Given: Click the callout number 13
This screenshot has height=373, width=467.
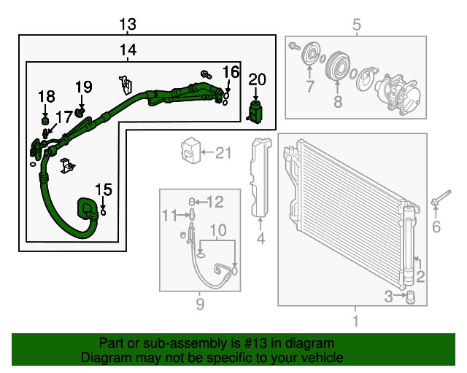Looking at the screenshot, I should pos(128,25).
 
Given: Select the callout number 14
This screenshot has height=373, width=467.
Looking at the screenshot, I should pos(128,50).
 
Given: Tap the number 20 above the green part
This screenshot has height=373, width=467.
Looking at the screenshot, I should pos(257,79).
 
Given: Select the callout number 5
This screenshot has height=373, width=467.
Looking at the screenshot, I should pos(357,26).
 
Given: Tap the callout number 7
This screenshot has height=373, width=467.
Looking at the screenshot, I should pos(309,88).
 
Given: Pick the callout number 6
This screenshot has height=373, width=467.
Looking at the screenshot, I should pos(436,228).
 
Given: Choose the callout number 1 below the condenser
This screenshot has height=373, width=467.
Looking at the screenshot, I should pos(355,321).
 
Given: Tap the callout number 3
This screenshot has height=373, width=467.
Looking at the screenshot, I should pos(389,295).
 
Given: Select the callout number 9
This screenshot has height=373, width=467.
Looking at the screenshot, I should pos(200,304).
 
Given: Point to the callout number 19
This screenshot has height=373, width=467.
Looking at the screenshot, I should pos(83,87).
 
